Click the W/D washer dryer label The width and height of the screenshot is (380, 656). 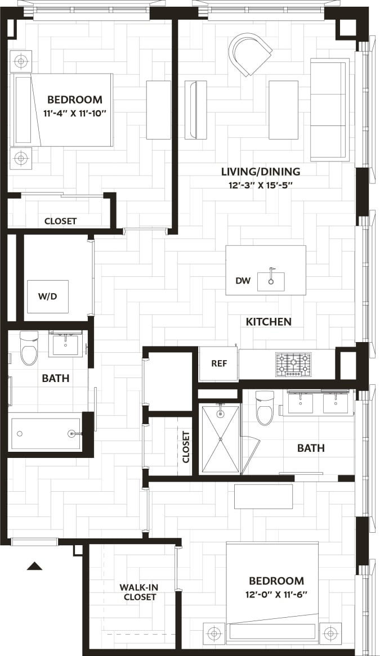tap(48, 296)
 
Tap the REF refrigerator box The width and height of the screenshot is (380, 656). tap(218, 363)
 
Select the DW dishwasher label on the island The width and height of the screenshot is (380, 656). tap(243, 280)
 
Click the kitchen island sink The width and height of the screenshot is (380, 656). tap(271, 281)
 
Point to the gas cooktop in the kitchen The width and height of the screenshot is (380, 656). tap(293, 364)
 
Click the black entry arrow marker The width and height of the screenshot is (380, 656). tap(34, 566)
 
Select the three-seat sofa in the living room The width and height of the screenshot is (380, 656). tap(329, 109)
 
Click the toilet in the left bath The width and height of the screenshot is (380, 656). tap(29, 348)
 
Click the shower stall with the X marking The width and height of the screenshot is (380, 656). tap(220, 439)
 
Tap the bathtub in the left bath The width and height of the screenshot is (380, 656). tap(46, 434)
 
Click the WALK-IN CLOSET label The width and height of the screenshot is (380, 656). tap(139, 592)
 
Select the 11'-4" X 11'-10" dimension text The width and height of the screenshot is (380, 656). tap(75, 113)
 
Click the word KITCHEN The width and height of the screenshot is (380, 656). tap(269, 322)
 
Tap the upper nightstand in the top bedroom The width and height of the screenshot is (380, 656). tap(21, 61)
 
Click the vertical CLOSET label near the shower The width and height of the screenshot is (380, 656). tap(186, 447)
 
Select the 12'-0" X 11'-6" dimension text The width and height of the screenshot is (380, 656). tap(276, 594)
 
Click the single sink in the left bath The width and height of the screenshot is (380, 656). tap(66, 344)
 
